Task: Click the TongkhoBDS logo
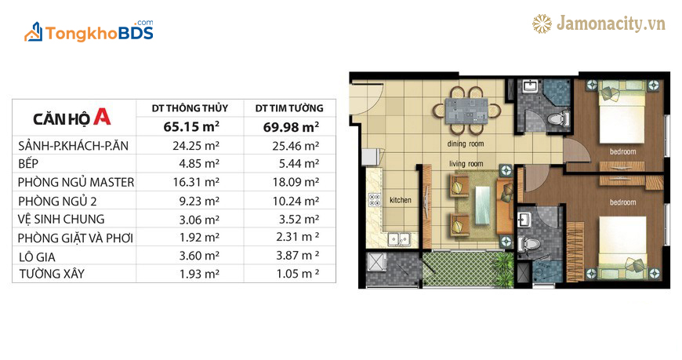pyautogui.click(x=89, y=31)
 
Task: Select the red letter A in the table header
pyautogui.click(x=102, y=117)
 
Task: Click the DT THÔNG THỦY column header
pyautogui.click(x=190, y=108)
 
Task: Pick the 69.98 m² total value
pyautogui.click(x=291, y=127)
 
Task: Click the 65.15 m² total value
pyautogui.click(x=191, y=126)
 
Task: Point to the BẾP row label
pyautogui.click(x=28, y=164)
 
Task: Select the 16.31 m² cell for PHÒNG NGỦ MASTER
pyautogui.click(x=196, y=182)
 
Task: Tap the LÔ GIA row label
pyautogui.click(x=37, y=256)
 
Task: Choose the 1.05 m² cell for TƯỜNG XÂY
pyautogui.click(x=298, y=274)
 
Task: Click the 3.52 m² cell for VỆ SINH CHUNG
pyautogui.click(x=299, y=219)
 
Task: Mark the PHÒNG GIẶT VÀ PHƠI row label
pyautogui.click(x=75, y=238)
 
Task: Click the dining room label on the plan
pyautogui.click(x=466, y=144)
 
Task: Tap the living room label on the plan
pyautogui.click(x=466, y=164)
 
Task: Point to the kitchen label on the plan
pyautogui.click(x=401, y=200)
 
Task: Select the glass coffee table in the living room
pyautogui.click(x=484, y=205)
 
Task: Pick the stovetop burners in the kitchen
pyautogui.click(x=375, y=200)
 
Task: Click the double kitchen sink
pyautogui.click(x=399, y=239)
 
